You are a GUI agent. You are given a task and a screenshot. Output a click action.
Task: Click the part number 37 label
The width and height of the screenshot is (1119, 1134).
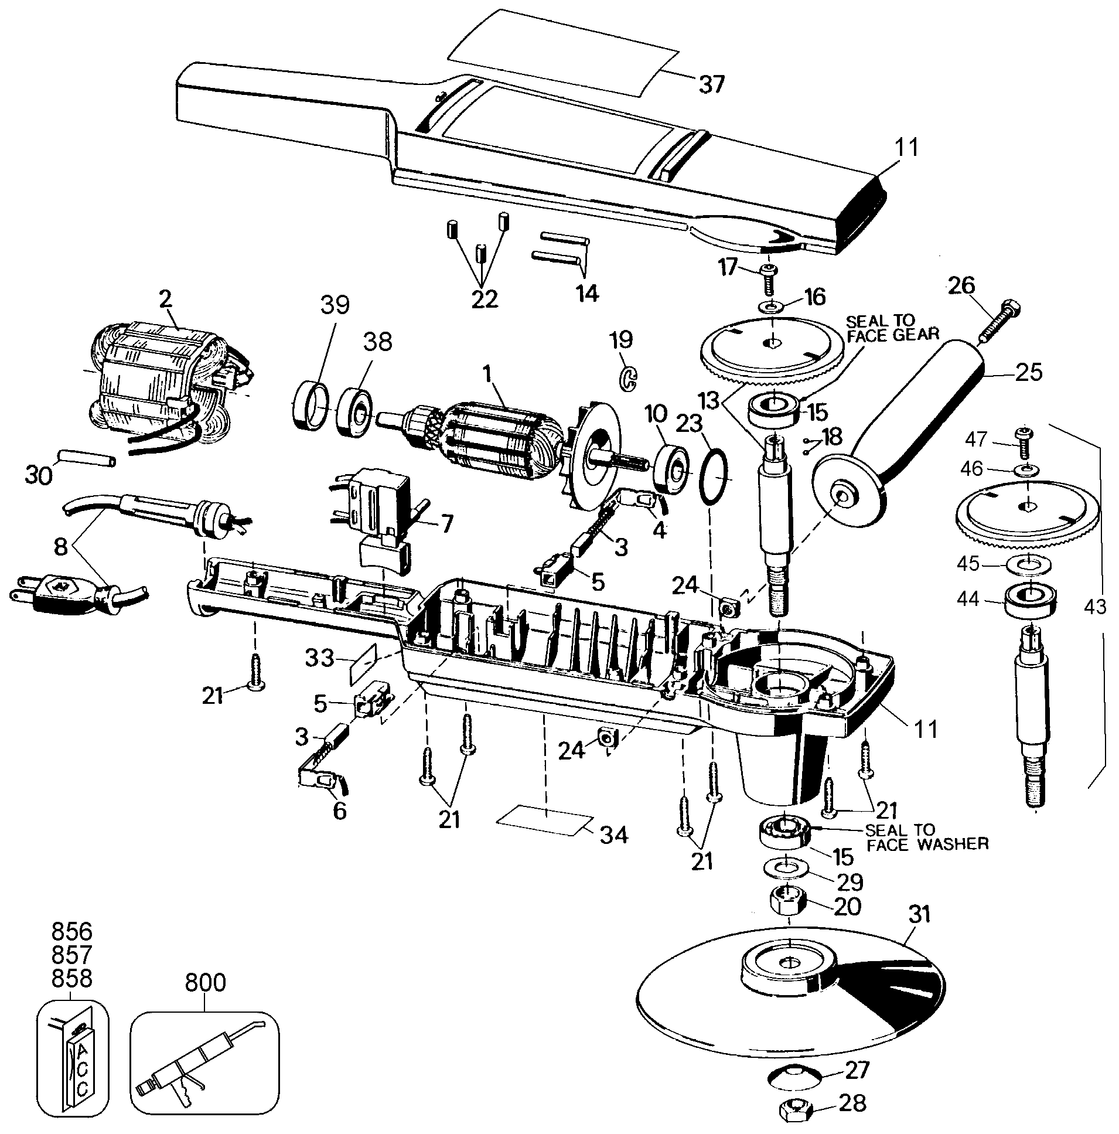pyautogui.click(x=711, y=84)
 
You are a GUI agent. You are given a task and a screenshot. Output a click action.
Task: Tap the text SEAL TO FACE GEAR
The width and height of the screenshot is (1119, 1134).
pyautogui.click(x=891, y=328)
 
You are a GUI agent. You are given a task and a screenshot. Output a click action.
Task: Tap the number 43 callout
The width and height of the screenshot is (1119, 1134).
pyautogui.click(x=1094, y=606)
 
